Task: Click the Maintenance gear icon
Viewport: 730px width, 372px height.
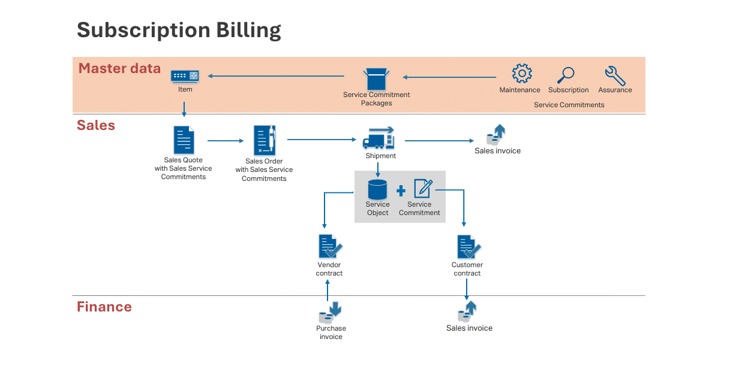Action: [x=522, y=73]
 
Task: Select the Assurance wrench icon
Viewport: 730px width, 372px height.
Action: [x=615, y=75]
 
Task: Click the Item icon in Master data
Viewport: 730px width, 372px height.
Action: [x=185, y=76]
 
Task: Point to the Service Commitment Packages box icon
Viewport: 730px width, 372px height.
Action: [x=377, y=78]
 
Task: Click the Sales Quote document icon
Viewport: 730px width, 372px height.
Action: [x=184, y=140]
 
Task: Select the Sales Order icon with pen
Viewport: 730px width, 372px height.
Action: [x=265, y=140]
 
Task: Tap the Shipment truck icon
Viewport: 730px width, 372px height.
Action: [x=378, y=138]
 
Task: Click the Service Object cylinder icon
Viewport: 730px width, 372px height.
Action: [x=377, y=189]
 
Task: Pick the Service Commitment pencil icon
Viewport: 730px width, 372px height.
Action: [x=423, y=189]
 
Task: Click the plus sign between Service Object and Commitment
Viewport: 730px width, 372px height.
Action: [x=401, y=190]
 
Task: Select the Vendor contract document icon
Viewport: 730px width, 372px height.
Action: [x=330, y=246]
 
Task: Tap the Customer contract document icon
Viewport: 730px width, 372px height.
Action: [x=468, y=247]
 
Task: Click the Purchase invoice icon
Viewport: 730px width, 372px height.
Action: [x=330, y=313]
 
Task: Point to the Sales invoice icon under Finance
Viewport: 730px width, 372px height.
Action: [x=467, y=311]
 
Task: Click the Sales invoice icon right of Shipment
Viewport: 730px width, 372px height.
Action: [x=495, y=134]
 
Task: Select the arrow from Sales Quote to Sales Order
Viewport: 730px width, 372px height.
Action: [x=226, y=141]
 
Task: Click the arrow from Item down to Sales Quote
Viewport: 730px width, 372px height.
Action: [x=184, y=110]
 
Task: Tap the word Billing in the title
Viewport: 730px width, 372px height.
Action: [x=248, y=30]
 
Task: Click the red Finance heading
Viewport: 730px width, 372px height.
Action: [x=104, y=307]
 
